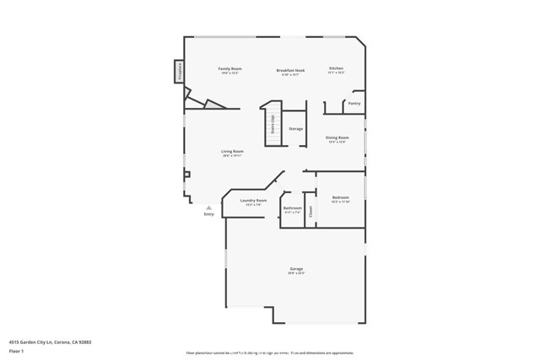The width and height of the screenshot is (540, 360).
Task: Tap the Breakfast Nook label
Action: pos(290,68)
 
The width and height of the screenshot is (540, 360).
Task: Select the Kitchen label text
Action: pos(336,67)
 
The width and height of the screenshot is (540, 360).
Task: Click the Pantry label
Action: pos(354,104)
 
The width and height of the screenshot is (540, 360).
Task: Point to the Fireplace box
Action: pos(180,72)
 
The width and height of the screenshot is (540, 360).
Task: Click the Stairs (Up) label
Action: pos(273,123)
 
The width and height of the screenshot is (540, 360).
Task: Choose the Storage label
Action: pos(295,129)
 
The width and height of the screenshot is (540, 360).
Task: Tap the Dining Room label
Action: pos(337,137)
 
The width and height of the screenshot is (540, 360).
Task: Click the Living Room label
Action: pos(232,152)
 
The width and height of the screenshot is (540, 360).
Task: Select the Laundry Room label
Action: pos(253,201)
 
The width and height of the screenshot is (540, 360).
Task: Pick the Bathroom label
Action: pos(293,207)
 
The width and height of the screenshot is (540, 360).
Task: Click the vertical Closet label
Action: pos(310,212)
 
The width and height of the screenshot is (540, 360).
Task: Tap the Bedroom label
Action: pos(340,197)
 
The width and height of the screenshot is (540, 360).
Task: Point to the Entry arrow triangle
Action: pos(209,207)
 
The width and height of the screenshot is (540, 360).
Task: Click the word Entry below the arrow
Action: pos(209,214)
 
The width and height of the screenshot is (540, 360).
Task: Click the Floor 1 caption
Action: pos(17,351)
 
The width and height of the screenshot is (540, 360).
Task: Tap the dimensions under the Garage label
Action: pos(295,274)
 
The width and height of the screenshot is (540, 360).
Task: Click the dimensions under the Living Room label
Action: pos(232,157)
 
